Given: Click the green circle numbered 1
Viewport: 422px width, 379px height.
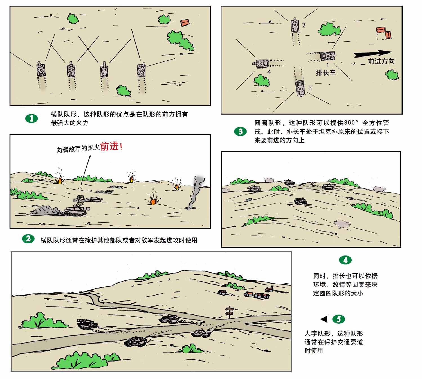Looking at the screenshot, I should tap(32, 118).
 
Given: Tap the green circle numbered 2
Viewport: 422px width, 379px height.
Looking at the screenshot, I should tap(28, 239).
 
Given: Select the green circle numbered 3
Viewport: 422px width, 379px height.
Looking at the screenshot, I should tap(240, 131).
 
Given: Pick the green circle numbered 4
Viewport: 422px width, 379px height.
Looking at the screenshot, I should tap(345, 260).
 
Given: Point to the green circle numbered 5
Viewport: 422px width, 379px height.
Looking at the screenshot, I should tap(338, 319).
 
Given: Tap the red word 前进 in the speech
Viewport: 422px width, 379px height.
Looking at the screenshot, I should tap(109, 147).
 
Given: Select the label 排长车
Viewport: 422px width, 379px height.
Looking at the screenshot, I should tap(326, 73).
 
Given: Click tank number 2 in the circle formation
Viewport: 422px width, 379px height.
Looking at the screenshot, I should tap(295, 26).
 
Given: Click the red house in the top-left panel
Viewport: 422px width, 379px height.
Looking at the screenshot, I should tap(184, 23).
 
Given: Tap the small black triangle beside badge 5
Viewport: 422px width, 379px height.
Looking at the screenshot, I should tap(324, 319).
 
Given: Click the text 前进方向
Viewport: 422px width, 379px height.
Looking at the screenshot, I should tap(381, 61).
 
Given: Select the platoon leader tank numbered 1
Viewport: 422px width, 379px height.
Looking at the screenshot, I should tap(328, 56).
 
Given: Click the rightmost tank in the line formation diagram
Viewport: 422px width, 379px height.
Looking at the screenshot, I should tap(141, 70).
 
